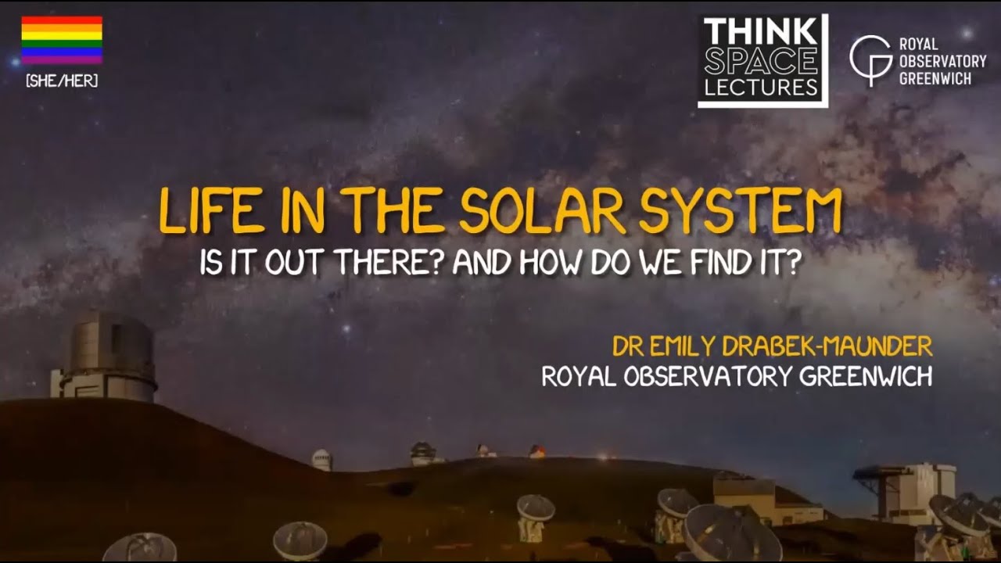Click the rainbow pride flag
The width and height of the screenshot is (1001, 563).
pyautogui.click(x=61, y=40)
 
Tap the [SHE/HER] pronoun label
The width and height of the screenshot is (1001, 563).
pyautogui.click(x=62, y=81)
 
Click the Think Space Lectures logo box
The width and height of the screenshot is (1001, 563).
pyautogui.click(x=762, y=61)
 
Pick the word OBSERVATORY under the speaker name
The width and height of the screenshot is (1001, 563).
pyautogui.click(x=709, y=377)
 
